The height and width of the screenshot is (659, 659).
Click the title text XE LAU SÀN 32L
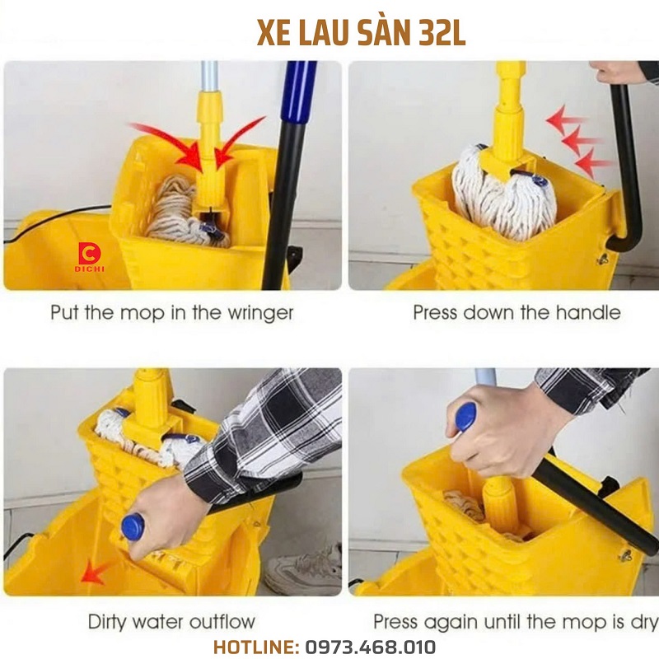[361, 33]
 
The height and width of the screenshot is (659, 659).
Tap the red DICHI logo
[90, 257]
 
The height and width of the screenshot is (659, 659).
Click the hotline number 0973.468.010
[370, 647]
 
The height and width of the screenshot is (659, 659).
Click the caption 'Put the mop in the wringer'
[172, 313]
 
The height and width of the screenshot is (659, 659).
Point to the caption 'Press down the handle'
[516, 313]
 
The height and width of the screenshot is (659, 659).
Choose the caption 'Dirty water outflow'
[171, 622]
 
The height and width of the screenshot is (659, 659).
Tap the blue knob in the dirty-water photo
[133, 526]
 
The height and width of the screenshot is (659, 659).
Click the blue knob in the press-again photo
[466, 417]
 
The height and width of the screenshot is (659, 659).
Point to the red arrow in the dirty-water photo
[94, 572]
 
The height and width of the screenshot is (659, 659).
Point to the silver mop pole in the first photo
[209, 77]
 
